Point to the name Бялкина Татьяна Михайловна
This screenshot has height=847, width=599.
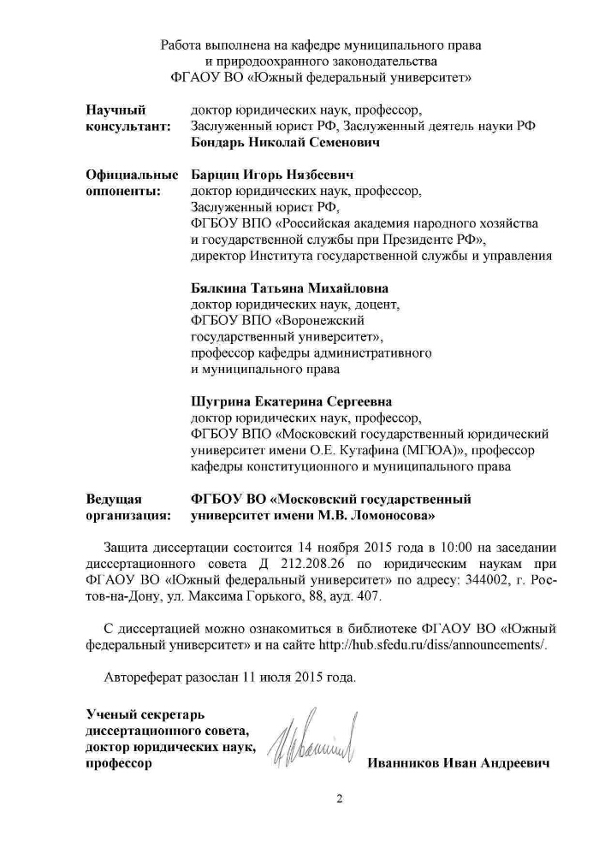point(289,288)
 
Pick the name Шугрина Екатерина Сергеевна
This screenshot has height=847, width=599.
point(287,401)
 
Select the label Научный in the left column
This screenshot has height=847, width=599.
point(116,110)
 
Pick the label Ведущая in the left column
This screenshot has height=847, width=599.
point(114,499)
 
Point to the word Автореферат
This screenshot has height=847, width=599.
point(145,677)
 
